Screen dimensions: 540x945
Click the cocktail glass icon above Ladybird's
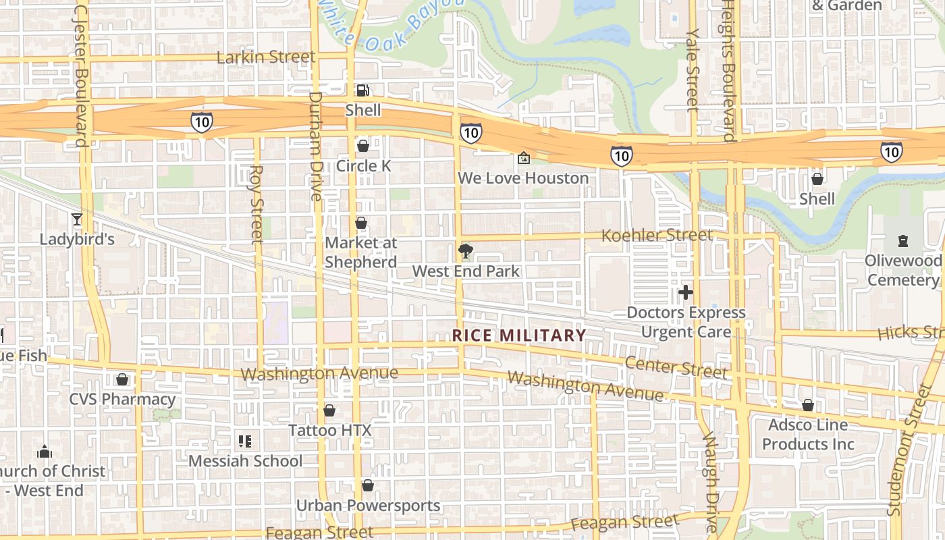(76, 219)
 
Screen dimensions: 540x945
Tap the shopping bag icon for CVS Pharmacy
(122, 379)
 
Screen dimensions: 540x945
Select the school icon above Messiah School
(245, 441)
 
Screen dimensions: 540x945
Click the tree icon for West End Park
(465, 252)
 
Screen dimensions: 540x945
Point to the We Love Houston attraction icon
(523, 159)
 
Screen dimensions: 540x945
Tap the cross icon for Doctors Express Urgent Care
(686, 292)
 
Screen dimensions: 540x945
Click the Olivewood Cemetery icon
(903, 240)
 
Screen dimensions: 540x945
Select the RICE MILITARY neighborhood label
(519, 335)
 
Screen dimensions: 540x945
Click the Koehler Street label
(657, 236)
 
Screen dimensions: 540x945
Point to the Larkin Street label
(266, 57)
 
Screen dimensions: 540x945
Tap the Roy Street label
(256, 204)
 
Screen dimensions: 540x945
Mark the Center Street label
(676, 368)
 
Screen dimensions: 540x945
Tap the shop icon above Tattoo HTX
(329, 410)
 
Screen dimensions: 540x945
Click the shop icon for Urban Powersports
(368, 485)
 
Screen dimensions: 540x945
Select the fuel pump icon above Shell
(363, 90)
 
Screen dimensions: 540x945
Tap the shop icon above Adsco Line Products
(808, 405)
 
